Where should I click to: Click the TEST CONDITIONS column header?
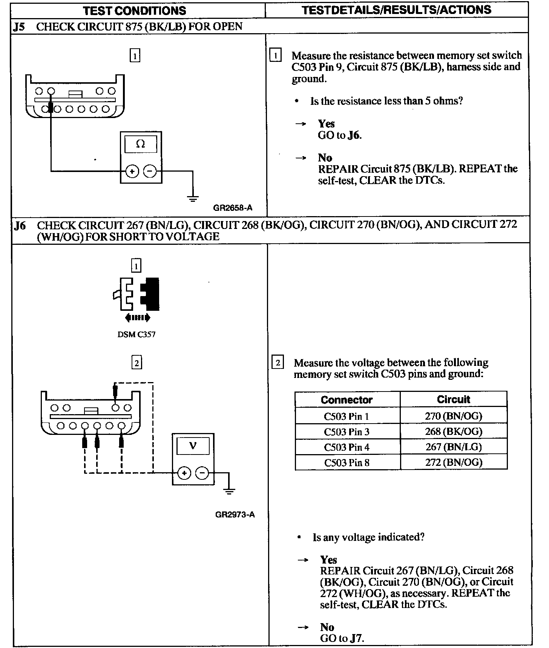click(x=135, y=10)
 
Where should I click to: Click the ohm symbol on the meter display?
click(x=140, y=144)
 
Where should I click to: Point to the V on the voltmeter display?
click(x=193, y=445)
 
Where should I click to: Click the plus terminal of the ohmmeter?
click(x=132, y=172)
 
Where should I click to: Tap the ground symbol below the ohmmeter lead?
click(x=193, y=198)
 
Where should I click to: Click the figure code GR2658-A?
click(x=233, y=208)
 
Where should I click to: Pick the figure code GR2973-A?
click(x=235, y=514)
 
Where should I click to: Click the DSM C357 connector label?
click(x=136, y=335)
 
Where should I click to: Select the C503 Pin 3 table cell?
click(x=347, y=432)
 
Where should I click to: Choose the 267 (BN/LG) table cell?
click(x=453, y=447)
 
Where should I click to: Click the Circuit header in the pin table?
click(x=453, y=399)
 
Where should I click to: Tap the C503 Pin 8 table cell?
click(x=347, y=462)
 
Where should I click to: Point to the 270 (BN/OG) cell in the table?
click(x=453, y=416)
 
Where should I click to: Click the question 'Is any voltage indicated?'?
click(x=368, y=537)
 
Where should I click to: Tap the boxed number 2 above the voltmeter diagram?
click(x=136, y=363)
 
